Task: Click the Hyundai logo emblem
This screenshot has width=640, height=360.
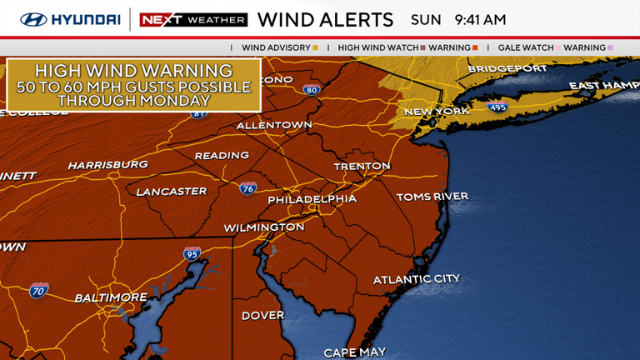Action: [34, 19]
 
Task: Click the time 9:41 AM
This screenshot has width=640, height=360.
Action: [480, 19]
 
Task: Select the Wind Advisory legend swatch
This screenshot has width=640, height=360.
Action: [315, 48]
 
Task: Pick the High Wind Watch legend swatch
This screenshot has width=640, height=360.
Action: [423, 48]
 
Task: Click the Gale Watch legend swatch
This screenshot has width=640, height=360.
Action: [557, 48]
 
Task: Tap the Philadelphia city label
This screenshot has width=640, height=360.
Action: [312, 200]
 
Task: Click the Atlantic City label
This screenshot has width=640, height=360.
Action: [416, 279]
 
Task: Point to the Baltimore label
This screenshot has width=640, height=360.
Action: [111, 297]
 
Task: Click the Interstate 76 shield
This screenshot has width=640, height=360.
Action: [247, 189]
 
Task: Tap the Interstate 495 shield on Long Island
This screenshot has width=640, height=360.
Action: [497, 107]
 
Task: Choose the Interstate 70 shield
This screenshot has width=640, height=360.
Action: [39, 290]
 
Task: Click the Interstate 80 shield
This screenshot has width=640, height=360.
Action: [312, 90]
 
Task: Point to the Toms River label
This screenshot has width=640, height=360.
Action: [432, 197]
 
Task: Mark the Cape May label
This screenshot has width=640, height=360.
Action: [354, 352]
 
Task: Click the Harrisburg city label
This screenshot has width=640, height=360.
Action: [107, 165]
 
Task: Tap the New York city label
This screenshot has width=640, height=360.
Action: [437, 112]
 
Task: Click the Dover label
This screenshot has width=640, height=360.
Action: [262, 316]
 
